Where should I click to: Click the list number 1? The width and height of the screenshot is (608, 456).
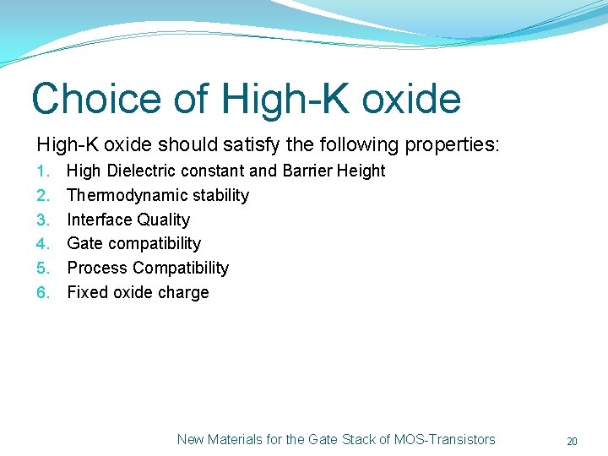click(x=44, y=171)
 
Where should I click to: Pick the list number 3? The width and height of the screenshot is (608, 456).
click(x=44, y=220)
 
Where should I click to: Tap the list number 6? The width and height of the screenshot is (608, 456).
click(x=44, y=293)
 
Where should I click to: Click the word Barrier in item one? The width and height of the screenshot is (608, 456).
click(x=308, y=171)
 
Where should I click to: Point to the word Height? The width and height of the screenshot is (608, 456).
click(x=362, y=171)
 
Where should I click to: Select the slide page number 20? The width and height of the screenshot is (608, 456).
click(x=572, y=441)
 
